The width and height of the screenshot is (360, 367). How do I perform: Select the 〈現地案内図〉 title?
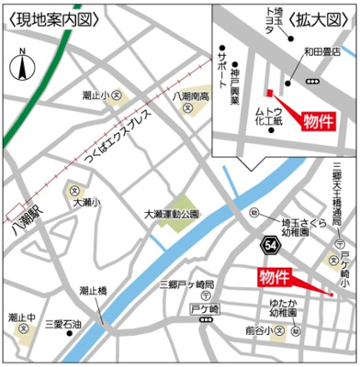click(x=43, y=17)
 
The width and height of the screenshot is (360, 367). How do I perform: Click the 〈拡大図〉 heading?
click(x=319, y=17)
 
